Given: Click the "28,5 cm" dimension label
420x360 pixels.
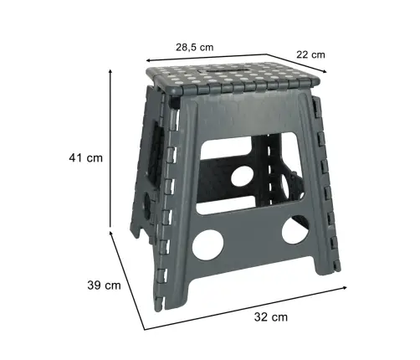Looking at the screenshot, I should [x=194, y=47].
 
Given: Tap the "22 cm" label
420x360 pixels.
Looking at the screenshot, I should [x=312, y=54].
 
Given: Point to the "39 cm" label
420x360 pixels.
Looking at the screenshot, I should [x=105, y=285].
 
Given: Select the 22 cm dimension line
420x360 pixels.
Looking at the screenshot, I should [x=310, y=67].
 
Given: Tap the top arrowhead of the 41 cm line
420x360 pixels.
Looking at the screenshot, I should [x=110, y=72].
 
